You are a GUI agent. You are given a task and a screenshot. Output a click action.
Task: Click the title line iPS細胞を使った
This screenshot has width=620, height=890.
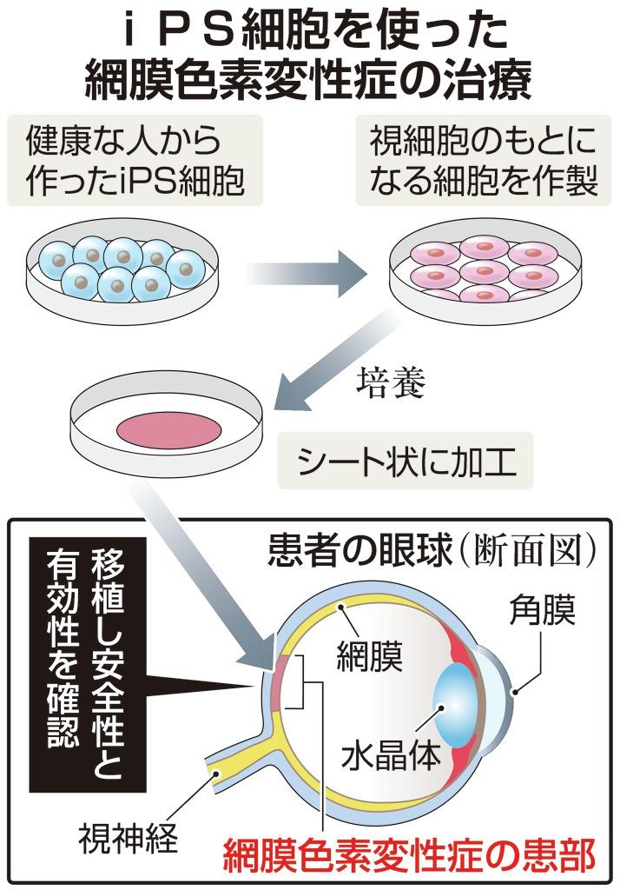(x=311, y=33)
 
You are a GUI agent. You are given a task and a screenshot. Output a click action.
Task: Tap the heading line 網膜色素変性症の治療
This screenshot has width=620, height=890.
(x=311, y=83)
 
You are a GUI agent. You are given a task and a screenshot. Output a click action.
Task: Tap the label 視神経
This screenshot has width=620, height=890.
(x=127, y=839)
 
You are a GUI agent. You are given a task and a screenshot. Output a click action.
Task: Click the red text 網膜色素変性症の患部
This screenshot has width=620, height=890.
(x=409, y=856)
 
